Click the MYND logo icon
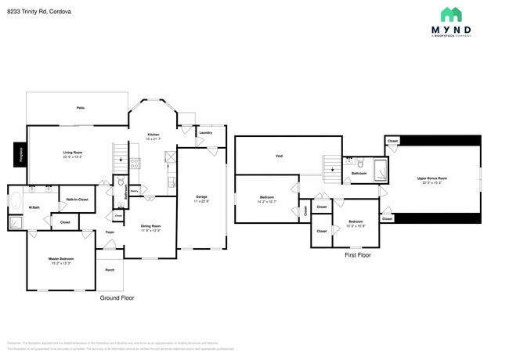click(450, 14)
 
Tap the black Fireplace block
click(20, 154)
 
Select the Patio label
click(80, 107)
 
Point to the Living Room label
click(73, 154)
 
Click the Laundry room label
click(206, 132)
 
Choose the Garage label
click(201, 198)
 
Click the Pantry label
click(134, 189)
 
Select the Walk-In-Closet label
click(77, 200)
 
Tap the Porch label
click(109, 269)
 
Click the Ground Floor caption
click(117, 298)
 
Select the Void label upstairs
click(279, 156)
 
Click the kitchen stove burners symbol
click(134, 164)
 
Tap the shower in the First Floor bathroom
click(380, 170)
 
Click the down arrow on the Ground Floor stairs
click(120, 160)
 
